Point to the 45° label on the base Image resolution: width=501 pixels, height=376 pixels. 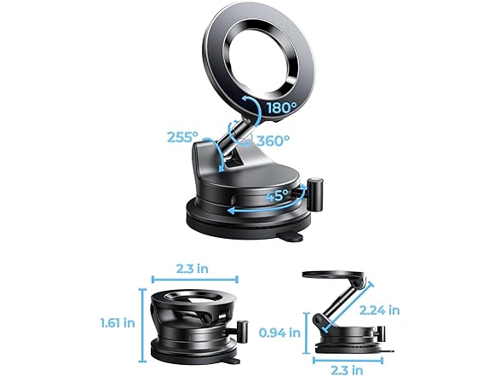point(274,195)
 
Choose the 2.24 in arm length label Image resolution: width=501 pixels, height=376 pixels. point(379,310)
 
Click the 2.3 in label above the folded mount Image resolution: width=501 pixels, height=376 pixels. point(194,269)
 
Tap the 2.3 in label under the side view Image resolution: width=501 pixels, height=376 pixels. point(347,369)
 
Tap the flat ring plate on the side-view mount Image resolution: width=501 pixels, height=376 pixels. point(337,277)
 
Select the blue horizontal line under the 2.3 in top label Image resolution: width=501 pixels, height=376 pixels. point(194,280)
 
